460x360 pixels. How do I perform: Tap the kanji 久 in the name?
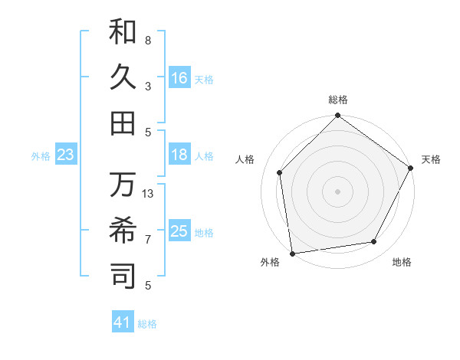[123, 77]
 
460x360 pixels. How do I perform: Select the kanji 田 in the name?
[123, 122]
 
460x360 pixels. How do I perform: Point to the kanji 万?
[123, 185]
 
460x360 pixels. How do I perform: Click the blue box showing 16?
[179, 78]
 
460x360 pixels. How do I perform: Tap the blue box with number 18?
[179, 155]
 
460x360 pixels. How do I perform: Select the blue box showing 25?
[179, 231]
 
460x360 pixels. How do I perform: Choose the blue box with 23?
[66, 155]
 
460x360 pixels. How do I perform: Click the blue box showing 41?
[123, 322]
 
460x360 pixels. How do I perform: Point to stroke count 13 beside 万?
[149, 194]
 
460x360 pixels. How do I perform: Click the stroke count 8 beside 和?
[148, 40]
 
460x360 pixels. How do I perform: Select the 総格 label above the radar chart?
[338, 100]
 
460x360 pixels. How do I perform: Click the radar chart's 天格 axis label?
[431, 159]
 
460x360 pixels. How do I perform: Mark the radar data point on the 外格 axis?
[292, 253]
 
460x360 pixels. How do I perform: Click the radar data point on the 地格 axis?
[374, 242]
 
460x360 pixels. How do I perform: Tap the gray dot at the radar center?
[337, 191]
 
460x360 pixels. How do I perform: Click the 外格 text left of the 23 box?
[41, 156]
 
